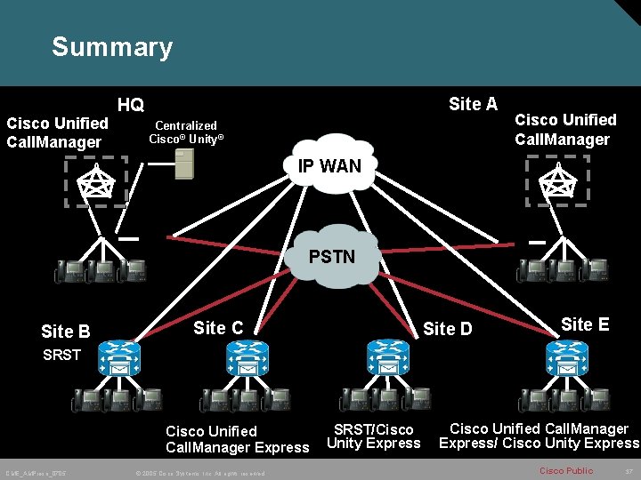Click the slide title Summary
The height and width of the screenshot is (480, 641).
point(111,46)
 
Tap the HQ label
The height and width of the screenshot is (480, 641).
point(131,105)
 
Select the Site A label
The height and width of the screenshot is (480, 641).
point(473,104)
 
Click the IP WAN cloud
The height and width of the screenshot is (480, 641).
point(329,164)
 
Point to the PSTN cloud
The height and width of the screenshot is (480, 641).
point(331,257)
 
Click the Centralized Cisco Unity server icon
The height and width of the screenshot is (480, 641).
point(183,164)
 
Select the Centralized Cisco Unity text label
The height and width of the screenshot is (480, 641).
point(186,132)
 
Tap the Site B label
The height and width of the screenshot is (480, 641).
point(65,332)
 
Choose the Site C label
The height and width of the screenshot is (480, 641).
point(218,328)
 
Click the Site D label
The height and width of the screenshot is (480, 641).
point(447,330)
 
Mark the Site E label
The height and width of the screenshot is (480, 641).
point(585,324)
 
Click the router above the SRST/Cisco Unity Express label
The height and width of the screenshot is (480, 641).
point(385,360)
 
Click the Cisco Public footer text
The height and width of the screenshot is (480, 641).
point(565,470)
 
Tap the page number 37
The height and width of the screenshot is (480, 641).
point(628,470)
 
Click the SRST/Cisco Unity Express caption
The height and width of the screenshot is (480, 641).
point(373,436)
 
